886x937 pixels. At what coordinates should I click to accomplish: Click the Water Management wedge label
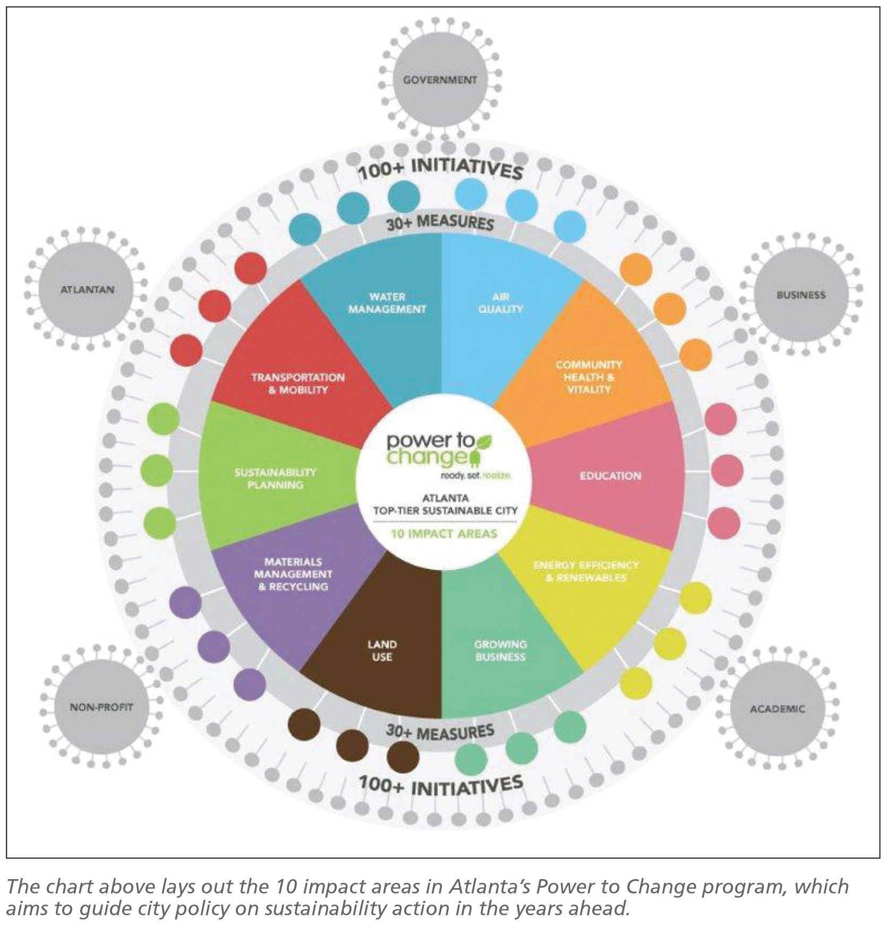pyautogui.click(x=387, y=303)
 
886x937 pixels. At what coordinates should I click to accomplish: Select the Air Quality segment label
pyautogui.click(x=500, y=303)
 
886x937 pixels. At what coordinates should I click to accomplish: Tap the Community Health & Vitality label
pyautogui.click(x=589, y=377)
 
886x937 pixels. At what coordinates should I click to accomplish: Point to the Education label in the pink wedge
pyautogui.click(x=610, y=476)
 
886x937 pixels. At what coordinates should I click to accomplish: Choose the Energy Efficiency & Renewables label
pyautogui.click(x=586, y=571)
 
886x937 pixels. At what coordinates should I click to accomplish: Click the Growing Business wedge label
pyautogui.click(x=500, y=650)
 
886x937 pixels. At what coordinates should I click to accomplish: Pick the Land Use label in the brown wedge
pyautogui.click(x=382, y=650)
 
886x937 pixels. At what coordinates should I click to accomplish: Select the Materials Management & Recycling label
pyautogui.click(x=293, y=574)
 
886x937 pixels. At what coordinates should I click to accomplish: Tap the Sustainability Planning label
pyautogui.click(x=275, y=478)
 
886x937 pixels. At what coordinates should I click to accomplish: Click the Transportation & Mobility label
pyautogui.click(x=298, y=384)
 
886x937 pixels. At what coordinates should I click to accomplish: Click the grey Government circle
pyautogui.click(x=440, y=80)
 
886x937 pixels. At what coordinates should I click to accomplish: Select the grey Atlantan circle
pyautogui.click(x=87, y=290)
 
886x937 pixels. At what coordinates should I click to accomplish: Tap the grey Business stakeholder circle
pyautogui.click(x=800, y=295)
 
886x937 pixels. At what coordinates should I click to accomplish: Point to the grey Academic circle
pyautogui.click(x=777, y=709)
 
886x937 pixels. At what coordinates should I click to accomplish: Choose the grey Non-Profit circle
pyautogui.click(x=101, y=708)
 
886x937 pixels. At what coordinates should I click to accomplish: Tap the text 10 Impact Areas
pyautogui.click(x=444, y=534)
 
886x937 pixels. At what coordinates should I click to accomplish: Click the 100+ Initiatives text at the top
pyautogui.click(x=440, y=168)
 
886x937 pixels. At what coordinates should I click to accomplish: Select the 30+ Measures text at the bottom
pyautogui.click(x=440, y=732)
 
